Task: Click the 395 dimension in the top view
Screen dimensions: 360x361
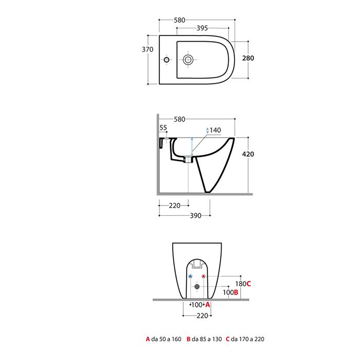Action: [x=202, y=28]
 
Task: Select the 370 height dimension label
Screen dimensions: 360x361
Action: [x=148, y=49]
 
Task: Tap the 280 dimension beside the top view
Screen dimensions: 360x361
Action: [x=248, y=58]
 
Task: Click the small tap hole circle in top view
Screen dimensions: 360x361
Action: [x=167, y=60]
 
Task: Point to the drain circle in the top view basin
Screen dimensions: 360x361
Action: [x=188, y=60]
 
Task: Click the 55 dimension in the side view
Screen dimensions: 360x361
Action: [x=163, y=128]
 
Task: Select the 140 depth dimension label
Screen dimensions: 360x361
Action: [x=215, y=130]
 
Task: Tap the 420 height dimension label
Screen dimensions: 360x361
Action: [x=248, y=154]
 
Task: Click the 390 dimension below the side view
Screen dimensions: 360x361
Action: [x=195, y=216]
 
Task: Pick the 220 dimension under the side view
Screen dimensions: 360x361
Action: [x=174, y=205]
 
